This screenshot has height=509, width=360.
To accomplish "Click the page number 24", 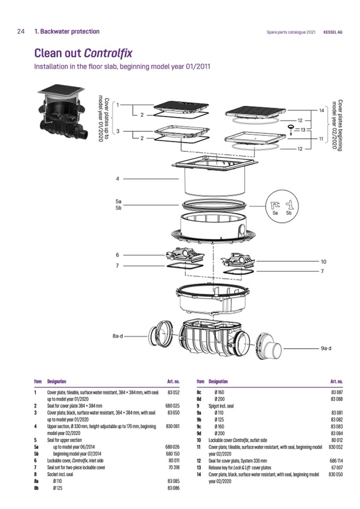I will coord(21,32).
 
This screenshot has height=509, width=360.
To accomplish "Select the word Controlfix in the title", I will coord(108,54).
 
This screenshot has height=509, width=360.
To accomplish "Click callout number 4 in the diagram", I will coord(117,178).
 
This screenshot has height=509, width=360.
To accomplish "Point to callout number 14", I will coord(321,110).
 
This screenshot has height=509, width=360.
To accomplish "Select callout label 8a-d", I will coord(118,337).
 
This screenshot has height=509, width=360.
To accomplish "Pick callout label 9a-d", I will coord(326,348).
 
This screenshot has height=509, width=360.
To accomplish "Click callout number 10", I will coord(323,262).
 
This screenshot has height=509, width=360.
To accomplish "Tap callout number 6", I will coord(117,255).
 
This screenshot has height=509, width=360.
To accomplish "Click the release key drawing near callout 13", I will coord(291,129).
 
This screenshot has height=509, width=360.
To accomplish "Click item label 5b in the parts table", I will coord(37,454).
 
